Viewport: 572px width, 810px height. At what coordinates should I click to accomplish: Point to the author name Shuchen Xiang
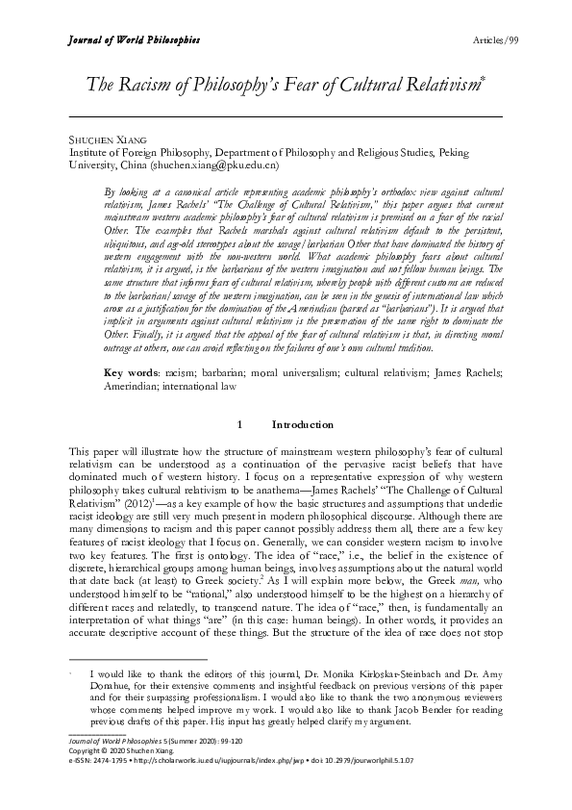tap(101, 139)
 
